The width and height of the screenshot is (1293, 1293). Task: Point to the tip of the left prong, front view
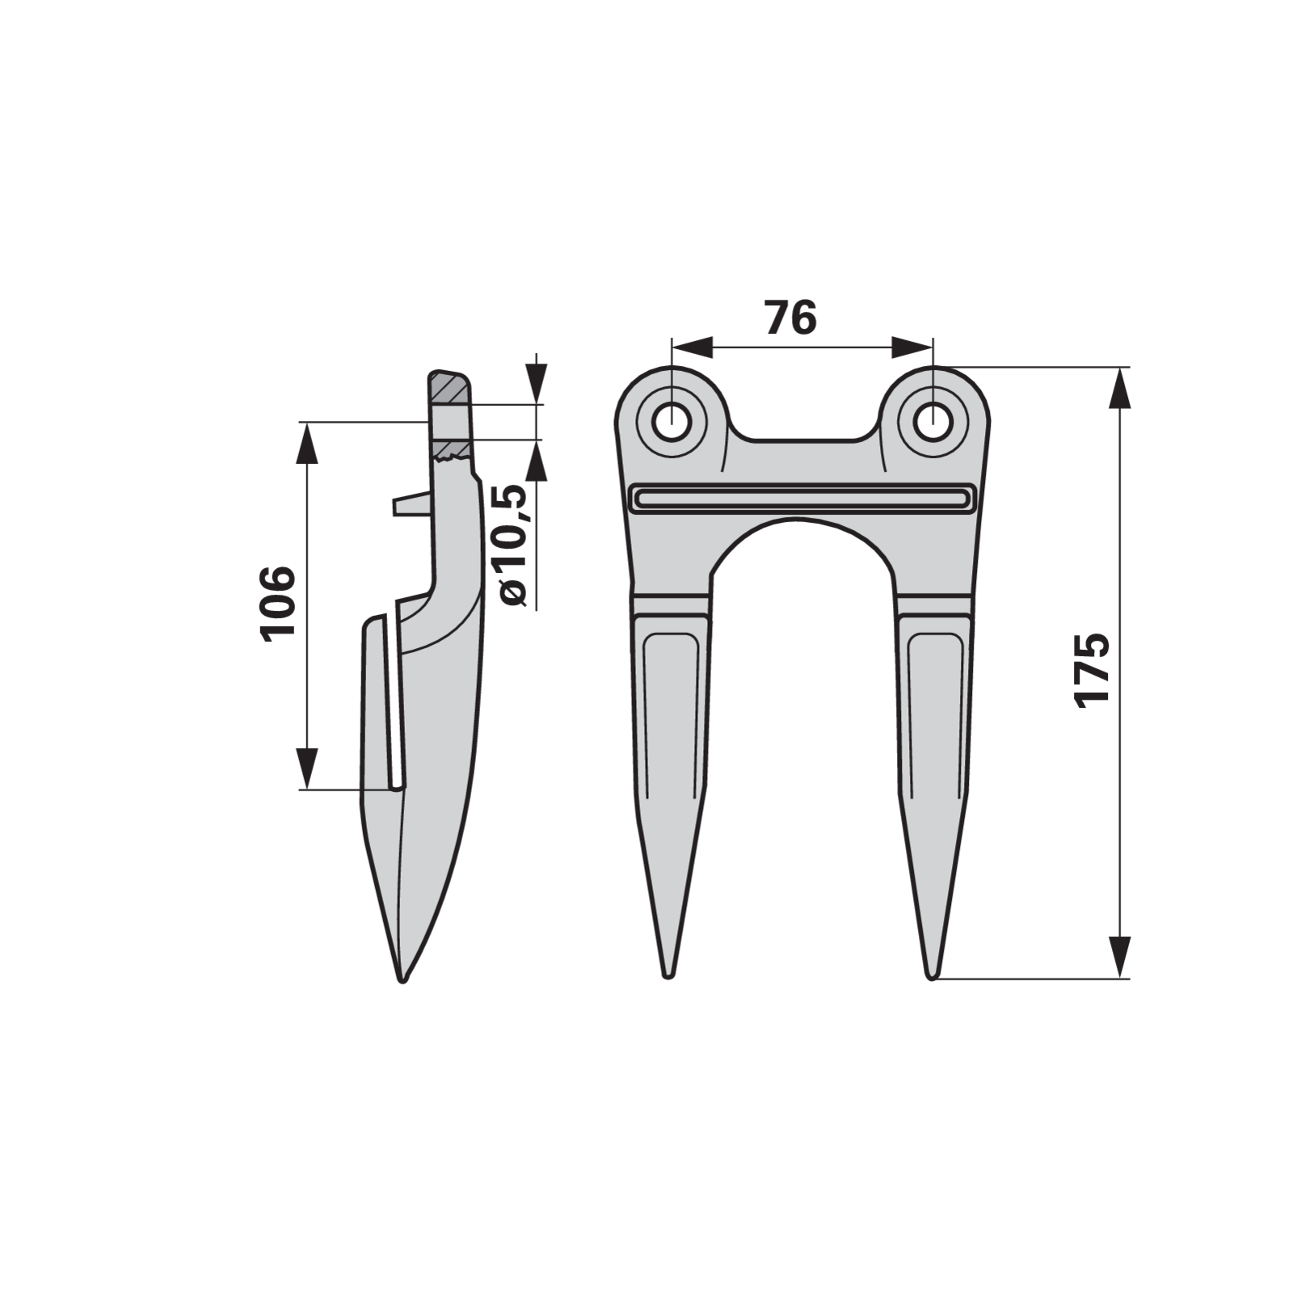point(668,976)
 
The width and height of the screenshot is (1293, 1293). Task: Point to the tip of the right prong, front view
point(933,976)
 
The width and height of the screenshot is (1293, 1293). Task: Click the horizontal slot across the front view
point(803,498)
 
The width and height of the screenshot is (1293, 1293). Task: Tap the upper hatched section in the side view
point(448,388)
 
